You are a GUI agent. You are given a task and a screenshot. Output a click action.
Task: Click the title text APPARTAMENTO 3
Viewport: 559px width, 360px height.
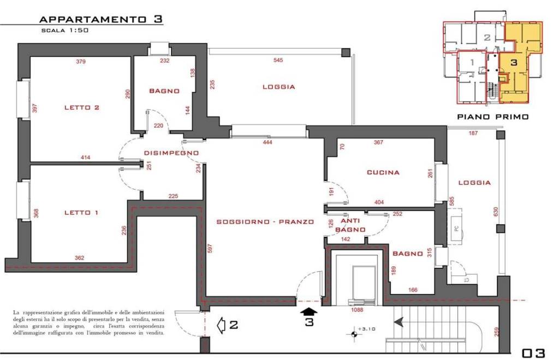coord(101,19)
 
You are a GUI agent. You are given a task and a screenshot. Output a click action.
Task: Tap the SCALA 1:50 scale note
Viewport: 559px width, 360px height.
coord(65,31)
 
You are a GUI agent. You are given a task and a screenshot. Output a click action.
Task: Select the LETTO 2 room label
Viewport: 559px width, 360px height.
coord(81,107)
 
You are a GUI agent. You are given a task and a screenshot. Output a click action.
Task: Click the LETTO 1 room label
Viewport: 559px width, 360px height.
coord(81,213)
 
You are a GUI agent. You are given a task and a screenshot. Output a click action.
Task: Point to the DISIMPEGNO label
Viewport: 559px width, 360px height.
coord(171,153)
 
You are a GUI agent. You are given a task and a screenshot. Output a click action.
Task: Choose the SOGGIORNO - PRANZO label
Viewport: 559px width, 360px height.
coord(265,221)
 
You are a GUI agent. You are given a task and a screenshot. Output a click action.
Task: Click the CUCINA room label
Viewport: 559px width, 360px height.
coord(383,172)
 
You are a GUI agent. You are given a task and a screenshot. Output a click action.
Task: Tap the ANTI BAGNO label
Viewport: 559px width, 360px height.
coord(352,225)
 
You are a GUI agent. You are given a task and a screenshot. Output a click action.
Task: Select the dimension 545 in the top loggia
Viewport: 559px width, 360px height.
coord(278,61)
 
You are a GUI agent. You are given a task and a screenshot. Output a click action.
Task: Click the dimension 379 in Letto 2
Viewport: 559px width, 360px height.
coord(81,62)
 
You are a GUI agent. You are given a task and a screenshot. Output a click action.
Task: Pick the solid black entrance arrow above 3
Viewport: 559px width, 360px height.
coord(309,312)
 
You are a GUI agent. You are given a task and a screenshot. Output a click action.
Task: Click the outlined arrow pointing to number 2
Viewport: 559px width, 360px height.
coord(222,325)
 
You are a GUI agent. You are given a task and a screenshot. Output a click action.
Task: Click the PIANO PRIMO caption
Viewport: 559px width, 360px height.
coord(492,116)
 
